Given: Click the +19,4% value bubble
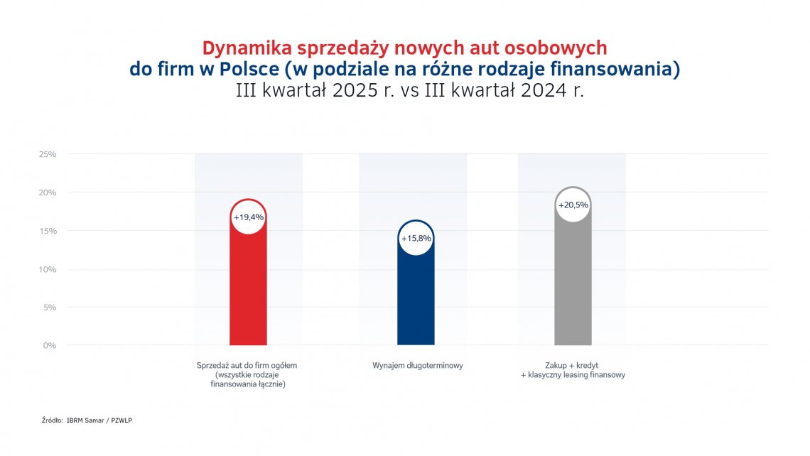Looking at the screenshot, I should coord(248,217).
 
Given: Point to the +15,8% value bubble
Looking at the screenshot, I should coord(416,238).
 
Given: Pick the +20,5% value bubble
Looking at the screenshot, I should coord(573,205).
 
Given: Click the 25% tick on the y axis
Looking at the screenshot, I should coord(48,154).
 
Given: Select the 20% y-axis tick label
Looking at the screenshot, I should coord(48,192).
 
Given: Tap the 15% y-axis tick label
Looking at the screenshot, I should coord(48,231).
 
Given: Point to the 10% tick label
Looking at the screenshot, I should coord(48,269).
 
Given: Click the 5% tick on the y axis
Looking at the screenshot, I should coord(50,308).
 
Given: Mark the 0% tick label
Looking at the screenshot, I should coord(50,346).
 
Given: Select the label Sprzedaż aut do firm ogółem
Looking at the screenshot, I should coord(247,365).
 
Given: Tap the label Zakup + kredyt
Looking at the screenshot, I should coord(573,365).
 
